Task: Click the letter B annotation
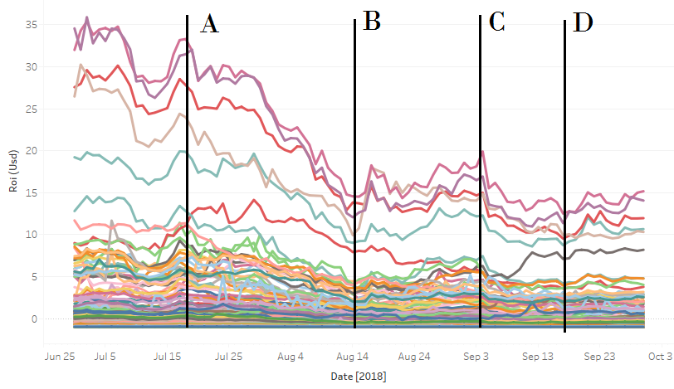coord(372,22)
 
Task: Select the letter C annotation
coord(497,22)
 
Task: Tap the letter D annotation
coord(584,23)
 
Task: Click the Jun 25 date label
coord(60,357)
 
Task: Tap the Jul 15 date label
coord(168,357)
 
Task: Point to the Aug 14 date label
coord(352,357)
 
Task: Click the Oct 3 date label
coord(660,357)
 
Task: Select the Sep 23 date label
coord(599,357)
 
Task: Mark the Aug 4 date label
coord(290,357)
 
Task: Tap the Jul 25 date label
coord(228,357)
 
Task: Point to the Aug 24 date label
coord(413,357)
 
